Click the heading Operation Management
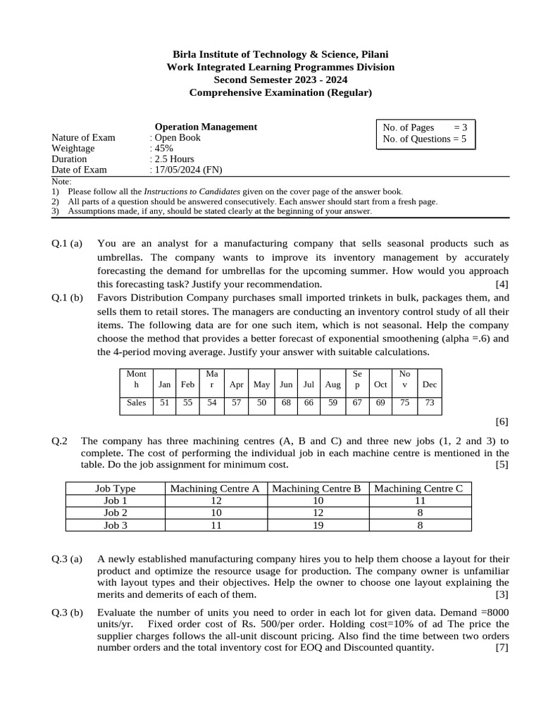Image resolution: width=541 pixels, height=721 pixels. point(206,127)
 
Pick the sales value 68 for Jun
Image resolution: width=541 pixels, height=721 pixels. point(286,403)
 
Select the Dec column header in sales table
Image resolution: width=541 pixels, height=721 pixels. point(428,384)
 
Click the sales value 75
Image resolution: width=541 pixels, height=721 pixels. point(404,403)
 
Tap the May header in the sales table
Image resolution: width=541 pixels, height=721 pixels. point(261,384)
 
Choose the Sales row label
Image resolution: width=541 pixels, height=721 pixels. point(136,403)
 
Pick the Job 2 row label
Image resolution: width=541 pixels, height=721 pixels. point(116,513)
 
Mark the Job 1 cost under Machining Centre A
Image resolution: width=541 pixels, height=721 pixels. point(216,501)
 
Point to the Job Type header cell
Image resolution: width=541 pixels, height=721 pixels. point(116,489)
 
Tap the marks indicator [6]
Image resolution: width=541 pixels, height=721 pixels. point(502,422)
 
